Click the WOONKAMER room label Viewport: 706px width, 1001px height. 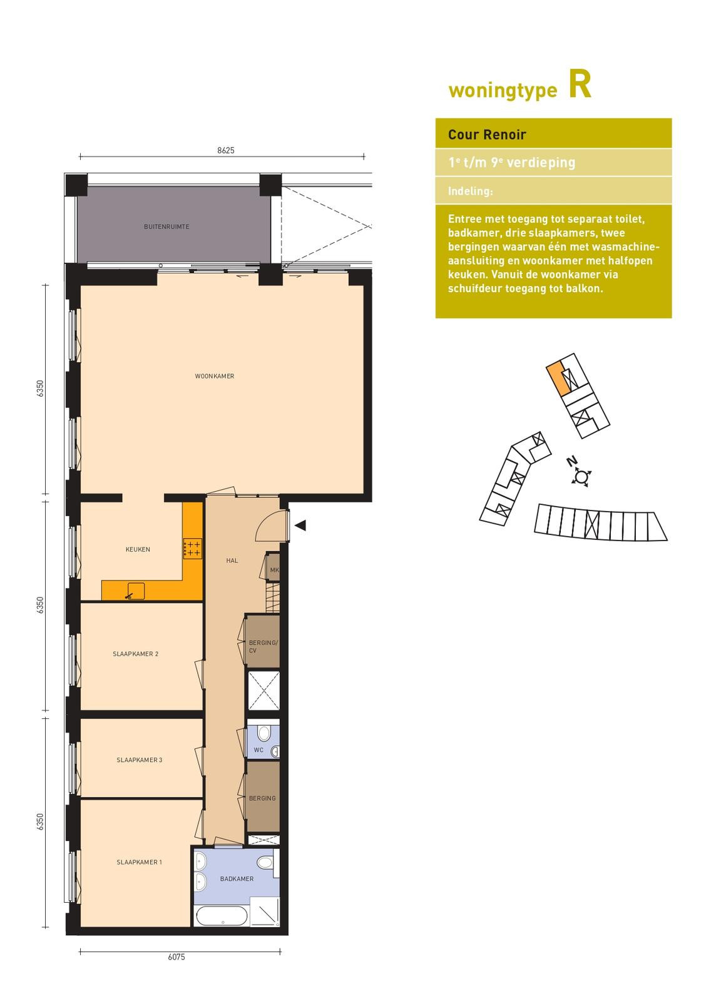[214, 376]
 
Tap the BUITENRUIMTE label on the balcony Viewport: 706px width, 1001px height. [166, 226]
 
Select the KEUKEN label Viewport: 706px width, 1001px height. [138, 550]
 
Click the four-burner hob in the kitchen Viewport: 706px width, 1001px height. [192, 548]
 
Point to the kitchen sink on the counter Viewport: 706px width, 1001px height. [136, 591]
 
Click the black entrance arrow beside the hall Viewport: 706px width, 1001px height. [300, 525]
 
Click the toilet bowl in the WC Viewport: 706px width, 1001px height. [263, 733]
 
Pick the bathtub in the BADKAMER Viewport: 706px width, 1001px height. [222, 916]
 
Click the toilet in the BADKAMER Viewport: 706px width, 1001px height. [265, 861]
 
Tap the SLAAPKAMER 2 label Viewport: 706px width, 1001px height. [135, 654]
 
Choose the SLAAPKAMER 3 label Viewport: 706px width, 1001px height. [140, 760]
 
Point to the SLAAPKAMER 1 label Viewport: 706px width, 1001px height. [140, 862]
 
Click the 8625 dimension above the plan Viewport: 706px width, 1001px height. [226, 151]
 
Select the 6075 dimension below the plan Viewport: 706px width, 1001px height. [176, 957]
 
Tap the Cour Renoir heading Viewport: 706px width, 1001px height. [487, 135]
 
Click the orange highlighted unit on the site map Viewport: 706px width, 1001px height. [558, 379]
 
